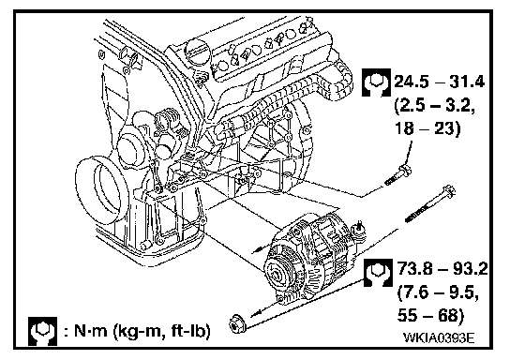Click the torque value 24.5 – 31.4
pos(439,82)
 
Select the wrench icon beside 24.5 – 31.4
pos(376,82)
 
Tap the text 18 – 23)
pos(427,128)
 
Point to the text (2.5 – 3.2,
pos(435,106)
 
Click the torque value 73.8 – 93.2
pos(442,268)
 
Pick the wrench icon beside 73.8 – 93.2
pos(378,273)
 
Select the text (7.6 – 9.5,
pos(438,293)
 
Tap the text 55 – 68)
pos(430,316)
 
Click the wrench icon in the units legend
pos(42,331)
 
